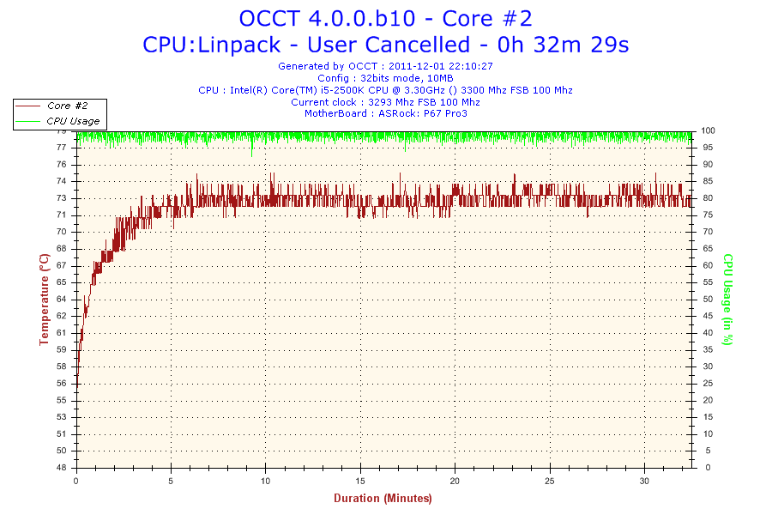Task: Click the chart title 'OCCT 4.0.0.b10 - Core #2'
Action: pyautogui.click(x=385, y=19)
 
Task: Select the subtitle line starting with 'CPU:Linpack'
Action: pyautogui.click(x=385, y=45)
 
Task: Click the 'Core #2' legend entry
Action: pyautogui.click(x=67, y=106)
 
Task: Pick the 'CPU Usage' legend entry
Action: pyautogui.click(x=73, y=121)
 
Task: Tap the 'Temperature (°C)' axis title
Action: pyautogui.click(x=44, y=299)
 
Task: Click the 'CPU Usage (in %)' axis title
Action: pyautogui.click(x=727, y=299)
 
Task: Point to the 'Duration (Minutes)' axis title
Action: pyautogui.click(x=383, y=498)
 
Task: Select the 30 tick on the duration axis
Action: pyautogui.click(x=645, y=481)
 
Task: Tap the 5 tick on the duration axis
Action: pyautogui.click(x=172, y=481)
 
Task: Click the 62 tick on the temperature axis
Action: pyautogui.click(x=62, y=316)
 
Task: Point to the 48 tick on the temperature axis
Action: pyautogui.click(x=62, y=468)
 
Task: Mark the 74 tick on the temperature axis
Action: pyautogui.click(x=62, y=181)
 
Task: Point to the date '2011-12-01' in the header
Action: pyautogui.click(x=416, y=65)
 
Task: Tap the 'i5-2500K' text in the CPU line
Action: pyautogui.click(x=342, y=89)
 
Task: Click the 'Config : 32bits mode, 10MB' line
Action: pyautogui.click(x=385, y=77)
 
